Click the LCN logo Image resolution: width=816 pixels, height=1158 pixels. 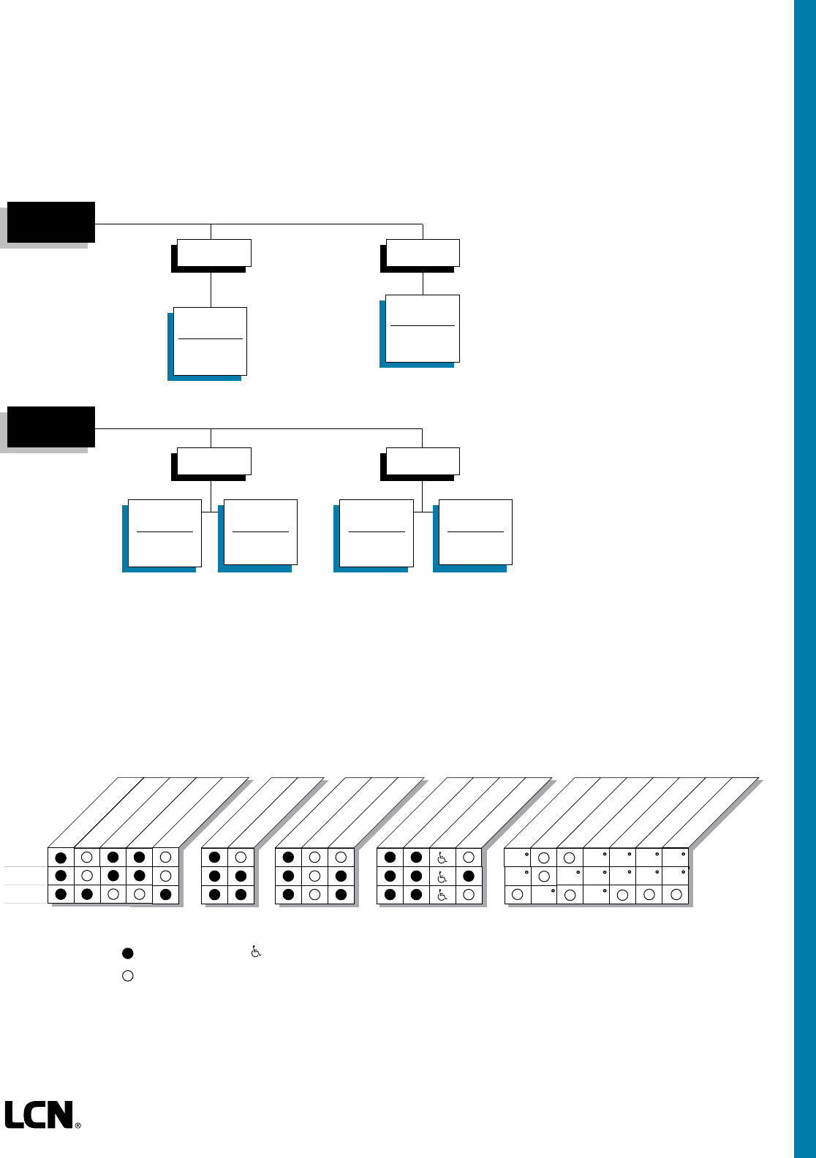click(x=39, y=1115)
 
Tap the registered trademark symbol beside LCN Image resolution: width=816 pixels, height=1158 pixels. click(x=78, y=1126)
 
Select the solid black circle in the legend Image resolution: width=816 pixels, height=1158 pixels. click(x=128, y=953)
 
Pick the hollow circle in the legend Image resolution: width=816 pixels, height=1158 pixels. click(x=128, y=975)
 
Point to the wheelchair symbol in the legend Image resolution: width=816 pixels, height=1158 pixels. click(x=256, y=952)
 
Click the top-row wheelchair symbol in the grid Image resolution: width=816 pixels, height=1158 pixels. click(x=442, y=858)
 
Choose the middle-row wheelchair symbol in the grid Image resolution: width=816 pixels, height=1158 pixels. click(x=442, y=877)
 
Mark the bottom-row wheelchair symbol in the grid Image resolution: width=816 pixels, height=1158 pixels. click(x=442, y=895)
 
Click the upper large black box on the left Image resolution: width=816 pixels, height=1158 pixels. click(x=51, y=222)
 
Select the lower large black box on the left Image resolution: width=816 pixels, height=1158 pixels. click(x=51, y=426)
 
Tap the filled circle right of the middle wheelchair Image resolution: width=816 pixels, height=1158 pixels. click(x=469, y=876)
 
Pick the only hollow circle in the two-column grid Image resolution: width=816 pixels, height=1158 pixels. click(x=241, y=857)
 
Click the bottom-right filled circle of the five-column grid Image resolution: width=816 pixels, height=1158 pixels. click(x=166, y=894)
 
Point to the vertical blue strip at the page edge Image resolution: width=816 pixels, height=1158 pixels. click(x=804, y=578)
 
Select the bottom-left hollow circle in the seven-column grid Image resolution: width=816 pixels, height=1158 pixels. click(x=518, y=894)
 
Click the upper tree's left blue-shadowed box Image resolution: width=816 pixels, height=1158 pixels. click(x=210, y=341)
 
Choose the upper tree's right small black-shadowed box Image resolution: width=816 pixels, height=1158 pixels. click(x=422, y=253)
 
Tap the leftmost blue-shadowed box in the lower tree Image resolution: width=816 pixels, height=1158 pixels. click(x=165, y=533)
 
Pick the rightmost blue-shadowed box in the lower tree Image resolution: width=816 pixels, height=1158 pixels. click(x=475, y=532)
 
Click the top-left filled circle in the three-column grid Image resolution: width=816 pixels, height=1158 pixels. click(x=288, y=857)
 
